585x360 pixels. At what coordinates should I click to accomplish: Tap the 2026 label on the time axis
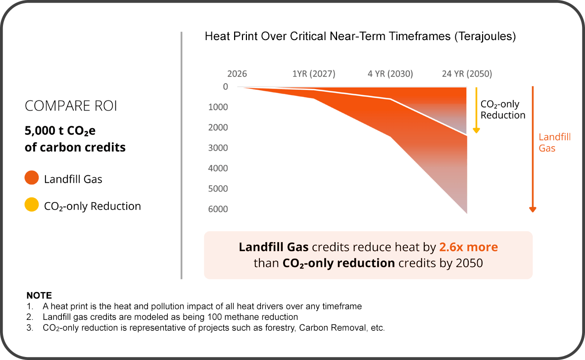(237, 74)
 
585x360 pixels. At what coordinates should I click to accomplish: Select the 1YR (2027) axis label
(314, 74)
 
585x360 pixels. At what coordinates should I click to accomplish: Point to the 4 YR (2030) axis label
(390, 74)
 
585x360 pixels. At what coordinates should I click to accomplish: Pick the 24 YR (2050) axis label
(467, 74)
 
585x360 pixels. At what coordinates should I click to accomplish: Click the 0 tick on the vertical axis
(225, 87)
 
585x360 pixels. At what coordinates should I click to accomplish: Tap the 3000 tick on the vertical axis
(218, 148)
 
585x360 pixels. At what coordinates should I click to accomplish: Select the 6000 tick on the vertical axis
(218, 209)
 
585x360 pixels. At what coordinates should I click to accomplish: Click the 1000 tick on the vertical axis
(218, 107)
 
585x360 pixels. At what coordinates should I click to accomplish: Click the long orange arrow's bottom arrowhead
(533, 209)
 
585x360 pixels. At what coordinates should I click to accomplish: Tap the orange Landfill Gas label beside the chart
(554, 143)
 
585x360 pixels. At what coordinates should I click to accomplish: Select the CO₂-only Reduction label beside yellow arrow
(503, 110)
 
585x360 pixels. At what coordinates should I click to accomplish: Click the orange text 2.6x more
(468, 247)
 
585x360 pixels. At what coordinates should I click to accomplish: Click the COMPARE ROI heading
(71, 106)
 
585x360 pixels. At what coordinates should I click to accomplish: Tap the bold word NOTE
(39, 296)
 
